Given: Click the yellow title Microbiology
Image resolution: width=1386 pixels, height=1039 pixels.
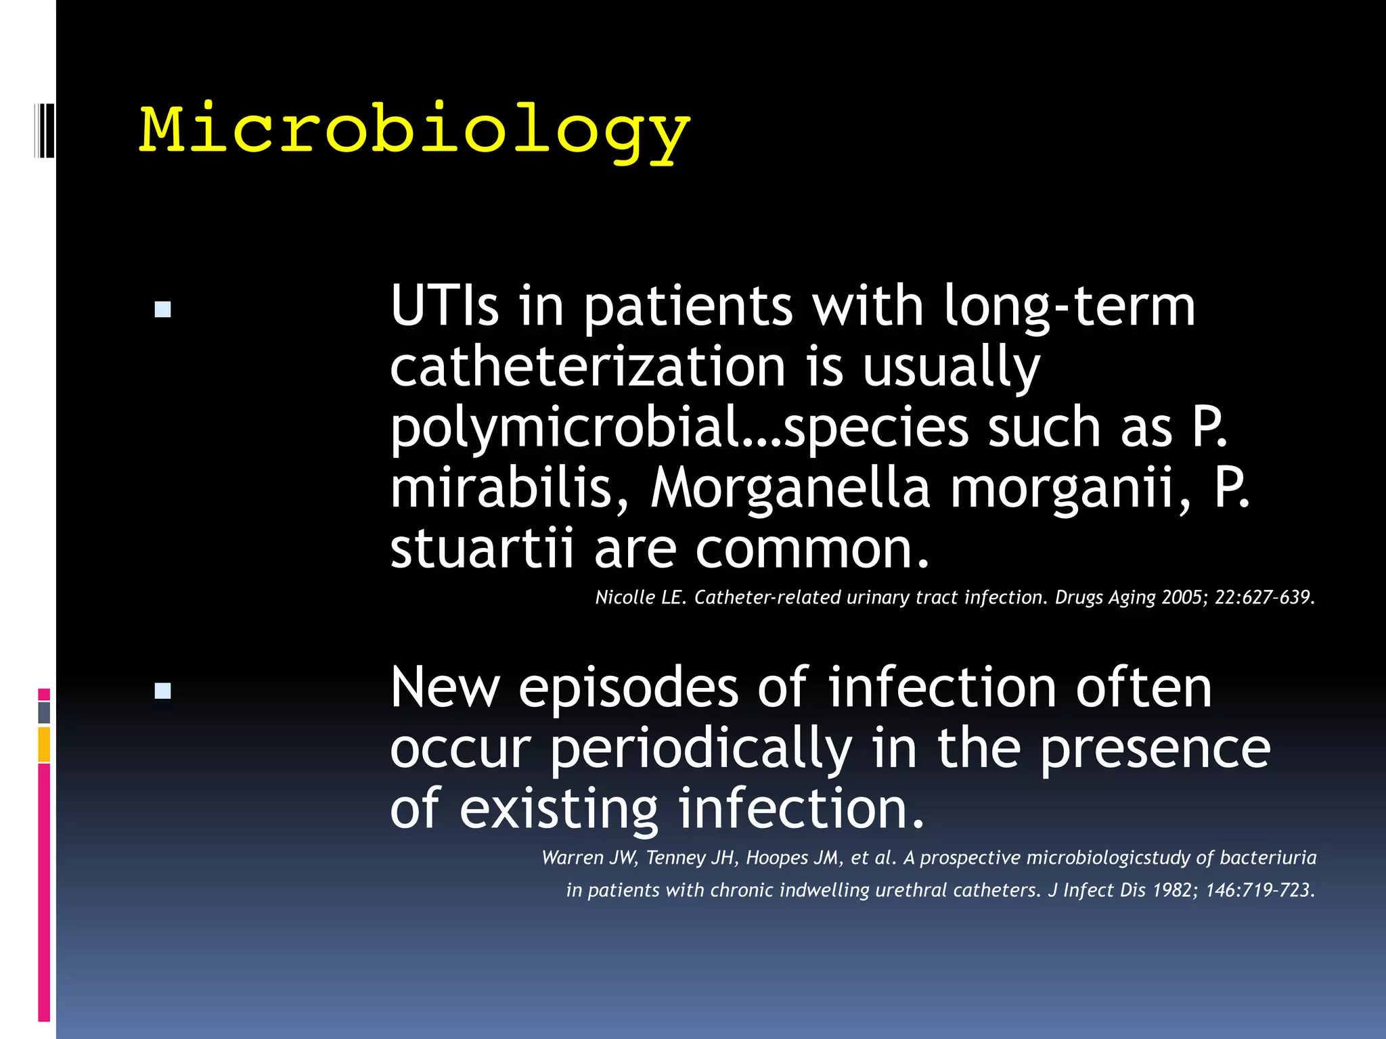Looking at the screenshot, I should click(x=414, y=131).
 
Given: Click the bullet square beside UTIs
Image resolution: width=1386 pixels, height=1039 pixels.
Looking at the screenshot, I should click(x=162, y=310).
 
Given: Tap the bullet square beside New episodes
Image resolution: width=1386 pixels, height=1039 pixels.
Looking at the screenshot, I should click(x=162, y=691).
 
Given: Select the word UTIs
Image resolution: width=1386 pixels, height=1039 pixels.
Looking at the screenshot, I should click(x=445, y=306).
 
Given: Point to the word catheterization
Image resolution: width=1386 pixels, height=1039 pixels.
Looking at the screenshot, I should click(x=587, y=367).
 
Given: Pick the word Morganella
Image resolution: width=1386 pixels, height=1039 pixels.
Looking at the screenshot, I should click(x=790, y=488).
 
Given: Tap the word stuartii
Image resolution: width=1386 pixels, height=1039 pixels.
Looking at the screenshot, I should click(x=482, y=548).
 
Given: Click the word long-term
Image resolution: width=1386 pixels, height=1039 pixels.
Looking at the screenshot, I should click(x=1069, y=306).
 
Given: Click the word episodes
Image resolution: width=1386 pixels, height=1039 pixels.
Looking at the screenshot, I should click(x=629, y=687).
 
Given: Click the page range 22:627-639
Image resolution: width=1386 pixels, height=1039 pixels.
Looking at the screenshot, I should click(x=1264, y=597).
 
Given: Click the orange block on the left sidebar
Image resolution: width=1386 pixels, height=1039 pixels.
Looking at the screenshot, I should click(x=44, y=744).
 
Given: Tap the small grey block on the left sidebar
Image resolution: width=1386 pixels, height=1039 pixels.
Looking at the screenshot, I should click(x=44, y=712).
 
